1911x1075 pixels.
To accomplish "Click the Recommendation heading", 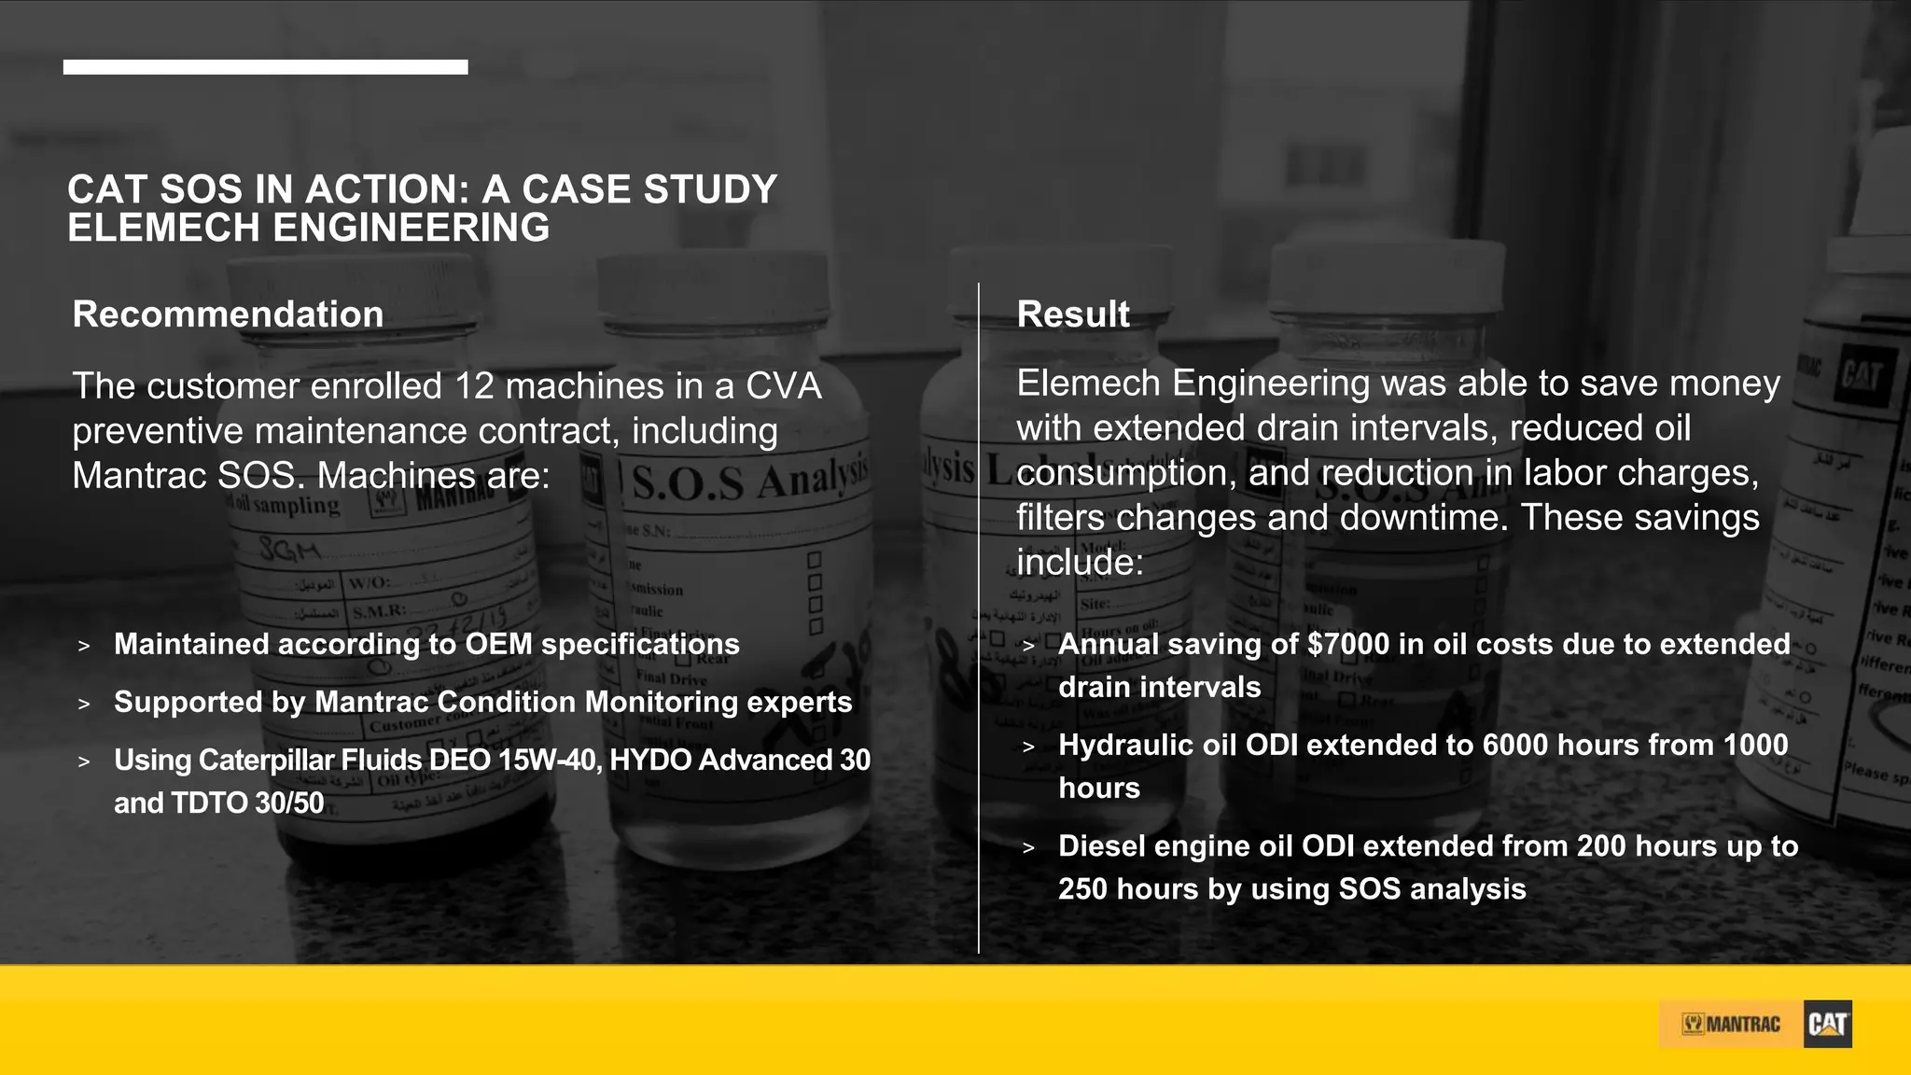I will coord(228,314).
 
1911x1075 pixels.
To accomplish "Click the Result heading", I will coord(1073,314).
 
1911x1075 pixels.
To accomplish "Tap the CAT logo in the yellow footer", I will coord(1827,1024).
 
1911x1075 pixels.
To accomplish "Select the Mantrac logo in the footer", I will coord(1731,1025).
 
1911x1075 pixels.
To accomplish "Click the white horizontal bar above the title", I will coord(265,67).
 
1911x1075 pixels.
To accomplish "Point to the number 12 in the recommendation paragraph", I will coord(475,386).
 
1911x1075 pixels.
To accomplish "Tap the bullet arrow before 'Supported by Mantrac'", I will coord(84,703).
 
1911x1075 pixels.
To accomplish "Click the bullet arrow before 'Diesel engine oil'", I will coord(1028,847).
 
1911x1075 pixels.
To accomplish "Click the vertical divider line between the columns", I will coord(979,616).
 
